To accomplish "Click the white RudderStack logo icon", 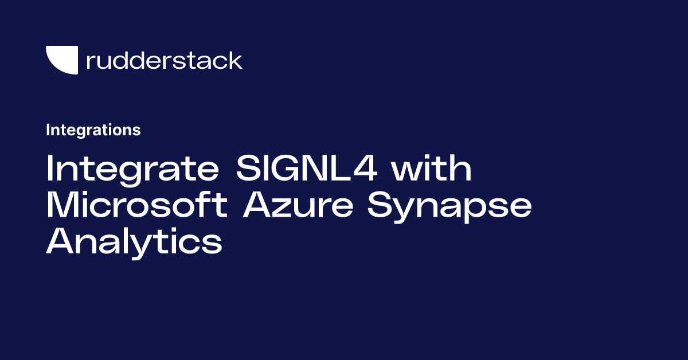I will tap(62, 60).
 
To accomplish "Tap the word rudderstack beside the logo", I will tap(164, 60).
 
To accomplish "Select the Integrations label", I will tap(93, 130).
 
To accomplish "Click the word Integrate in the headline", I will tap(134, 170).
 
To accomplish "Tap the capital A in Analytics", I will tap(60, 241).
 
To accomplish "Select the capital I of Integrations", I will tap(48, 130).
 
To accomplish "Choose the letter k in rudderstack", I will tap(235, 60).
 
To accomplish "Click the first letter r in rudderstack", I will tap(89, 62).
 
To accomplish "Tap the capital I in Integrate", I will tap(50, 170).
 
